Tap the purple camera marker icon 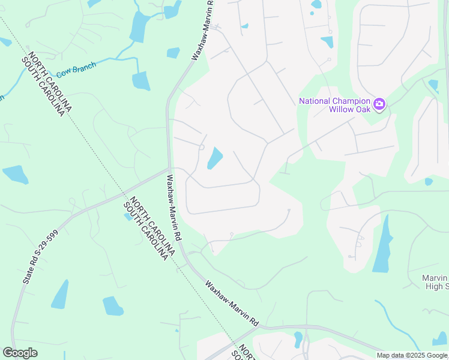coord(379,104)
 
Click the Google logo coord(20,353)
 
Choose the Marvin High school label coord(436,282)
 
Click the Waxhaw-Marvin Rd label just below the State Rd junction coord(175,208)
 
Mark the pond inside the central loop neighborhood coord(214,159)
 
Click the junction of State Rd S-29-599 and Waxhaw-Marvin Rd coord(169,170)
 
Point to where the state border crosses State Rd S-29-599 coord(125,195)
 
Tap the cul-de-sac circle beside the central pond coord(202,147)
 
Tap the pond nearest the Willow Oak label coord(327,42)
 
